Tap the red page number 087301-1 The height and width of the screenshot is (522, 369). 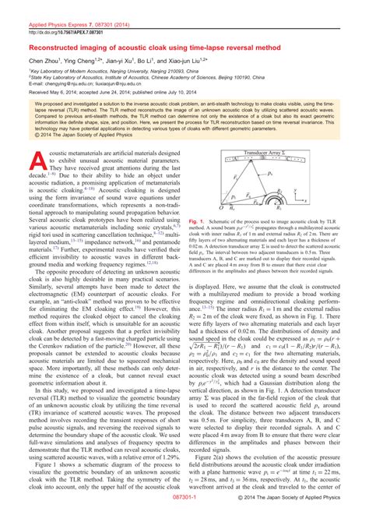[184, 516]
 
